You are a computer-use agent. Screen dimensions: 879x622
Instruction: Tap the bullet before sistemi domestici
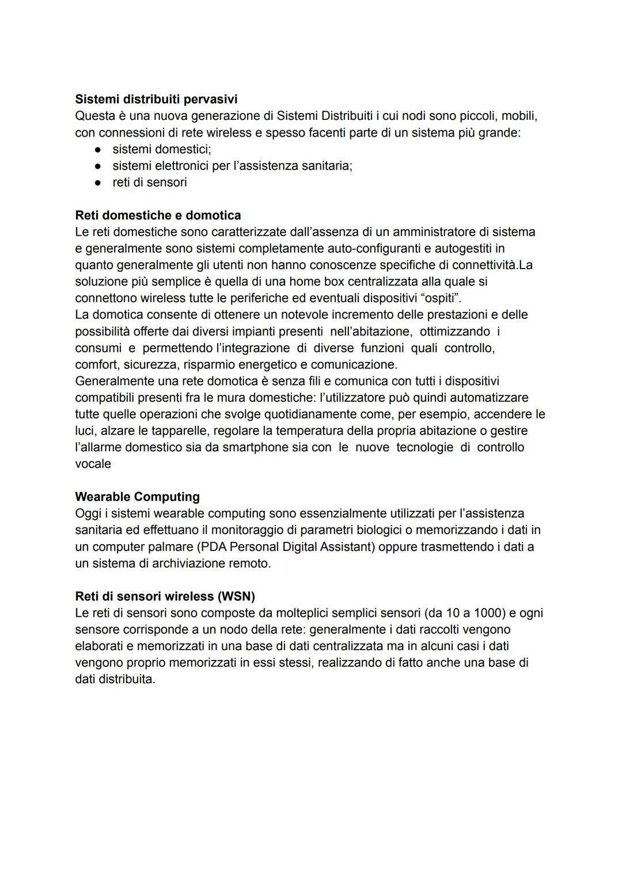[98, 150]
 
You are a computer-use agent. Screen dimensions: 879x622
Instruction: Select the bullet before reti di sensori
[98, 183]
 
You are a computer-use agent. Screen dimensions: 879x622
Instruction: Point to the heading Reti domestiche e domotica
[158, 216]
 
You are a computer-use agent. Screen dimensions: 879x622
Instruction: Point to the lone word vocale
[93, 464]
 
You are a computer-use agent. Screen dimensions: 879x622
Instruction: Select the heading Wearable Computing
[137, 497]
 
